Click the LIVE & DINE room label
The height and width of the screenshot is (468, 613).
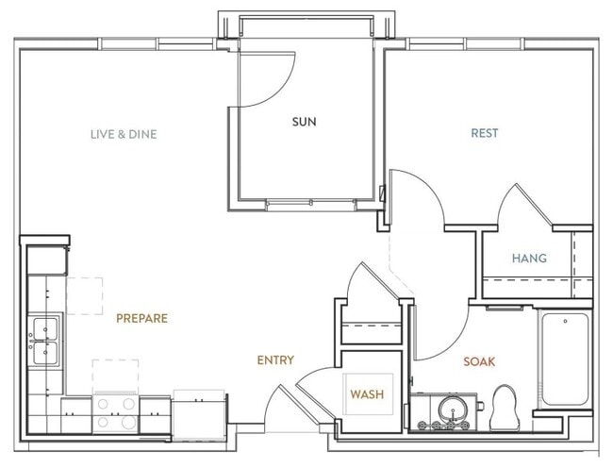tap(124, 134)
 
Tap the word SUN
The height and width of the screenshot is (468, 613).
tap(304, 122)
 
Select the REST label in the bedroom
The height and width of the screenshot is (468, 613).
tap(485, 133)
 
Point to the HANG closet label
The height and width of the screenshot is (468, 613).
tap(529, 258)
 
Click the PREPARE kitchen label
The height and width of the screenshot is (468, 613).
tap(141, 318)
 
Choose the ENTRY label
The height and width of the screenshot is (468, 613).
tap(275, 359)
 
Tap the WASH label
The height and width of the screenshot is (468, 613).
tap(367, 393)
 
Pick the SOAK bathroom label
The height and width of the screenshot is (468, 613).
tap(479, 361)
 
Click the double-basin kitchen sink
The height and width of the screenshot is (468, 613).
tap(44, 341)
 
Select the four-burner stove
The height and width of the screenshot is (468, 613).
tap(115, 411)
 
